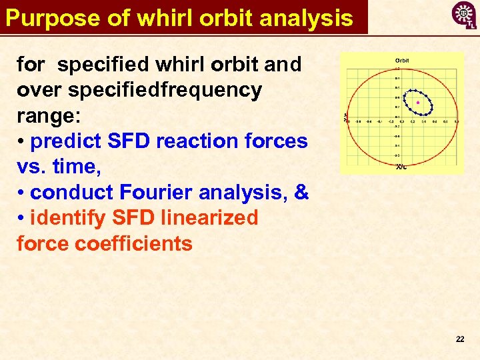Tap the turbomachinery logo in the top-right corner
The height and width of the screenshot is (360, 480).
(463, 15)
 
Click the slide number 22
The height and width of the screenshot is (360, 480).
(459, 339)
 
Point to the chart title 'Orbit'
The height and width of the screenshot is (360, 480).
(402, 61)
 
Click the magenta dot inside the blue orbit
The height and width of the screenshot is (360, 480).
(418, 103)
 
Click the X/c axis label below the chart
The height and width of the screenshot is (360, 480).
(401, 167)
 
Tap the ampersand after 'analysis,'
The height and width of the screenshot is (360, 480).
(301, 193)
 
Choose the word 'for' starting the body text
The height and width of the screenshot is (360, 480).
(31, 65)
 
